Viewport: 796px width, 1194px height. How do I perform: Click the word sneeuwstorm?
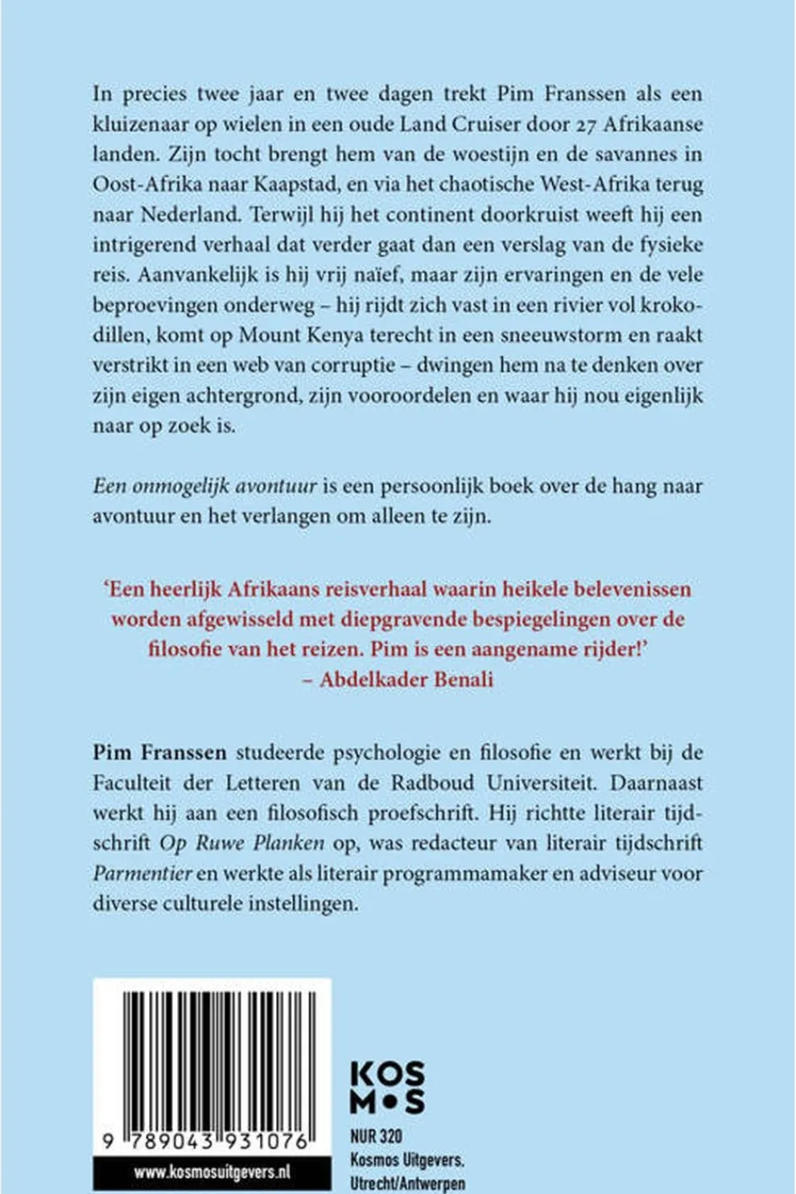tap(561, 336)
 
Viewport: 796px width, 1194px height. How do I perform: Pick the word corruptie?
tap(349, 365)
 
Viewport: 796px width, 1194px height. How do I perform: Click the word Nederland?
tap(193, 215)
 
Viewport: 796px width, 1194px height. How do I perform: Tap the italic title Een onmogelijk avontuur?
tap(204, 487)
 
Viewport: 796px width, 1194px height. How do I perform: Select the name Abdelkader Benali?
tap(406, 680)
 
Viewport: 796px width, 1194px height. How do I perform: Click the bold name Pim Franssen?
tap(159, 752)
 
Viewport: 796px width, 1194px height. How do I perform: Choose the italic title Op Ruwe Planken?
tap(241, 843)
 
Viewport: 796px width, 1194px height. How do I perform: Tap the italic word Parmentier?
tap(142, 873)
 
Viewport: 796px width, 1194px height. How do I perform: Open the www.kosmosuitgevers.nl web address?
tap(212, 1173)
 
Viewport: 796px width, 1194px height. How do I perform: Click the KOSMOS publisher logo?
tap(387, 1088)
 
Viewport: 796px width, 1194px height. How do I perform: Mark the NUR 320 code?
tap(377, 1137)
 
